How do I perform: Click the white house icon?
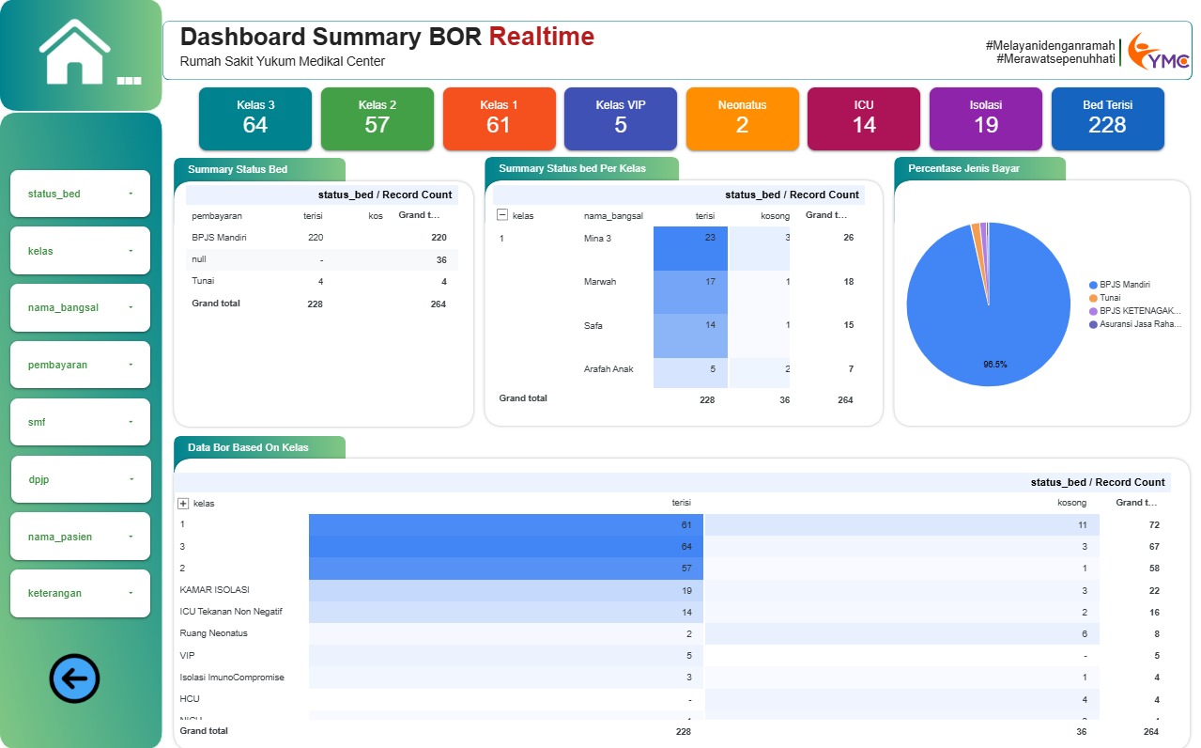(75, 52)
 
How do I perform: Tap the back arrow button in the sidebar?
(74, 678)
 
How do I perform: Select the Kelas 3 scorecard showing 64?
(255, 118)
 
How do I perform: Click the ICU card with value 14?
(864, 118)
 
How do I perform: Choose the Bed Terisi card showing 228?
(1107, 118)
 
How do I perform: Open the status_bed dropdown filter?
(81, 194)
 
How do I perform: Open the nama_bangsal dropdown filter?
(81, 307)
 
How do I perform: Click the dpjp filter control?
(81, 479)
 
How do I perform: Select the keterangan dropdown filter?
(81, 593)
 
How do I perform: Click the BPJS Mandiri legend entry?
(1125, 285)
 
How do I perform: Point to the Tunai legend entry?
(1110, 298)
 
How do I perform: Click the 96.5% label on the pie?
(995, 364)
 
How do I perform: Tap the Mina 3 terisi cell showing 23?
(691, 239)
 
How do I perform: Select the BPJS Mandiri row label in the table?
(219, 238)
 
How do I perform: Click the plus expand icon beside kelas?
(183, 504)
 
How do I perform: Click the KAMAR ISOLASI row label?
(215, 590)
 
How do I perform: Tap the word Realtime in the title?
(542, 37)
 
